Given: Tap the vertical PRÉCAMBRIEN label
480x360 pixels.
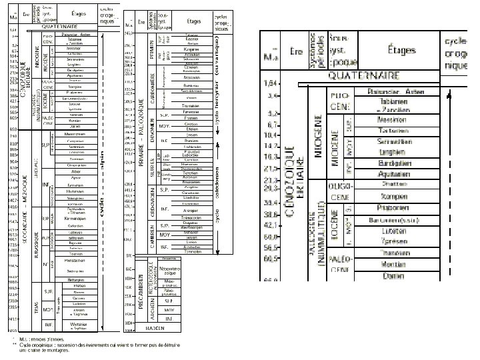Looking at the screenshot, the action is pos(141,293).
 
